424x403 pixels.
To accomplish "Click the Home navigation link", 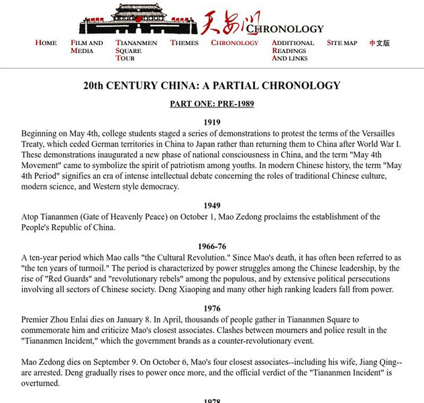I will click(x=46, y=43).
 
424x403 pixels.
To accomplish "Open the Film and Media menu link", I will click(x=87, y=46).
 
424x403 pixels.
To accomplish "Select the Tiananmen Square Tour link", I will click(x=136, y=50).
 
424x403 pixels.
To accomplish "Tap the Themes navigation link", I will click(x=184, y=43).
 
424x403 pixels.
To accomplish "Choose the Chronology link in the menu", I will click(x=234, y=43).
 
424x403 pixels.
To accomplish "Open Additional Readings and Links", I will click(x=293, y=50).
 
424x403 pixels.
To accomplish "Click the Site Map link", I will click(x=341, y=43).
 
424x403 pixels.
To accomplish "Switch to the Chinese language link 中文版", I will click(x=380, y=43).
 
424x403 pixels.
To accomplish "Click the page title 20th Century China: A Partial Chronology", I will click(x=212, y=86).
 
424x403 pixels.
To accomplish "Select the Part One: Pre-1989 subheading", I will click(x=212, y=104).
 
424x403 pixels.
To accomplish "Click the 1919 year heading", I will click(x=212, y=122).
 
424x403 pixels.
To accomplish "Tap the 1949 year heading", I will click(x=212, y=206).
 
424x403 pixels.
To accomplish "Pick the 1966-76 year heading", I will click(x=212, y=247).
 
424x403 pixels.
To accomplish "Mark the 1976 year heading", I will click(x=212, y=308).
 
